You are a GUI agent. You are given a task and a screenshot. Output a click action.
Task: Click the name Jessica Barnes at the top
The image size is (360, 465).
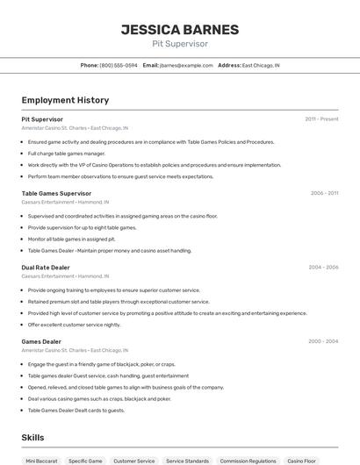coord(180,29)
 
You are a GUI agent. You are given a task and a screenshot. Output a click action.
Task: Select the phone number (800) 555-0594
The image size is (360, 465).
coord(119,65)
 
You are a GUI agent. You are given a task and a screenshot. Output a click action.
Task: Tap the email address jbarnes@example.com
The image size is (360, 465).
coord(187,65)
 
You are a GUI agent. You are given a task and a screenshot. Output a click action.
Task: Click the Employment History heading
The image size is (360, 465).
coord(65,100)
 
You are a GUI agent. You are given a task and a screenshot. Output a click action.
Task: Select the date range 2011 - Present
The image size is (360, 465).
coord(321,118)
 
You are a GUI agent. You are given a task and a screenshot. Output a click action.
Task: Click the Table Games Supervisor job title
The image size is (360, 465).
coord(56,193)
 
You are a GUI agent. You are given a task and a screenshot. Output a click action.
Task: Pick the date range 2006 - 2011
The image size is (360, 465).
coord(324,193)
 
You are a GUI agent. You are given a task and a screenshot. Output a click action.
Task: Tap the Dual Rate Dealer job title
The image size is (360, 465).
coord(46,267)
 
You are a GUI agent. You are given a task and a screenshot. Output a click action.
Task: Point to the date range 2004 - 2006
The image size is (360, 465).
coord(323,267)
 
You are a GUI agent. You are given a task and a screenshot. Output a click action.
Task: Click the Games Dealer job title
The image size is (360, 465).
coord(41,341)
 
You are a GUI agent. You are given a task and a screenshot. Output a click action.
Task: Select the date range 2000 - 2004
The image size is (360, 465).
coord(323,341)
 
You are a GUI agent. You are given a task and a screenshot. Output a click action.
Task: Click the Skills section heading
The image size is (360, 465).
coord(33,436)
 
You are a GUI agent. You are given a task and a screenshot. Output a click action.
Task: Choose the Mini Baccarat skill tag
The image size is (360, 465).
coord(41,461)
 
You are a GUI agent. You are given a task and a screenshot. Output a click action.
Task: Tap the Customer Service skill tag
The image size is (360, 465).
coord(134,461)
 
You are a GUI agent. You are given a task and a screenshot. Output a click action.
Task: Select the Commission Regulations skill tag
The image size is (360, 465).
coord(248,461)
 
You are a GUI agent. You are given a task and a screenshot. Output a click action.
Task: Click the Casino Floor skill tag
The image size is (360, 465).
coord(301,461)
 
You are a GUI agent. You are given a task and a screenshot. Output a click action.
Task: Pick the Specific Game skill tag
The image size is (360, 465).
coord(85,461)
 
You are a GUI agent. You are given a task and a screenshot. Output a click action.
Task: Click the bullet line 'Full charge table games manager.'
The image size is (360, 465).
coord(66,153)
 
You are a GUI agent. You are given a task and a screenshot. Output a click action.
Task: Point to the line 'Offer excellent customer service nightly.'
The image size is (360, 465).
coord(74,325)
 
